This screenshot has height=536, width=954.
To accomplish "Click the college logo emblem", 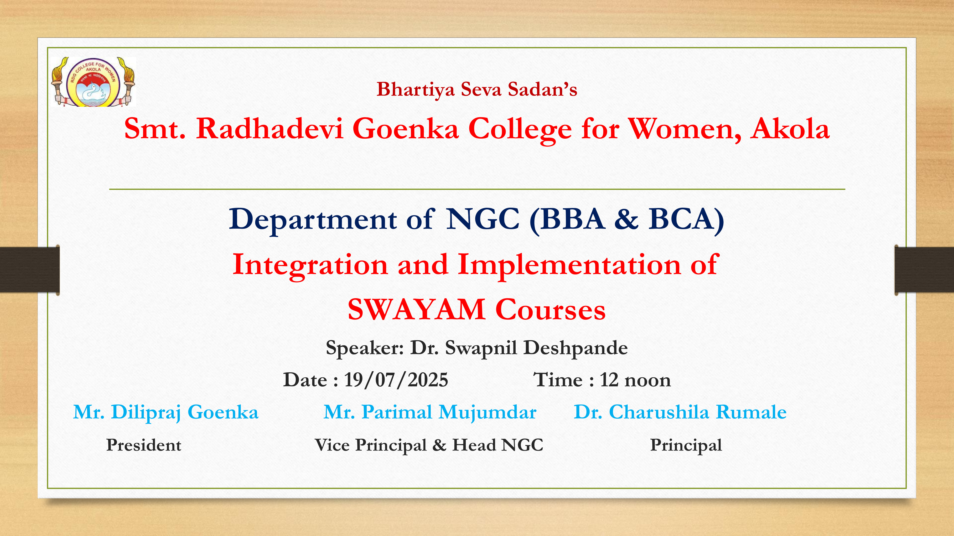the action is point(93,82).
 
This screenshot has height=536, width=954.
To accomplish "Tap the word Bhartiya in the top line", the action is point(415,90).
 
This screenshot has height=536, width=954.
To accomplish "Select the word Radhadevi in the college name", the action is point(270,129).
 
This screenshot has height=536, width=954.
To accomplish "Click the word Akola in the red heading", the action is point(790,129).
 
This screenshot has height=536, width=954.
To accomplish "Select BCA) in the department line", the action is point(686,220).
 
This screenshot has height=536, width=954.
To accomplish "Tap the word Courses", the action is point(550,310).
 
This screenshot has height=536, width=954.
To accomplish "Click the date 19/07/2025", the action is point(396,380).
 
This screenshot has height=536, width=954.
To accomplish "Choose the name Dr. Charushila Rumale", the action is point(680,412).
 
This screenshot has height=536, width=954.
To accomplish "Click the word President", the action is point(144,445).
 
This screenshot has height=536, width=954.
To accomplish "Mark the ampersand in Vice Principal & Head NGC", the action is point(439,445).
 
